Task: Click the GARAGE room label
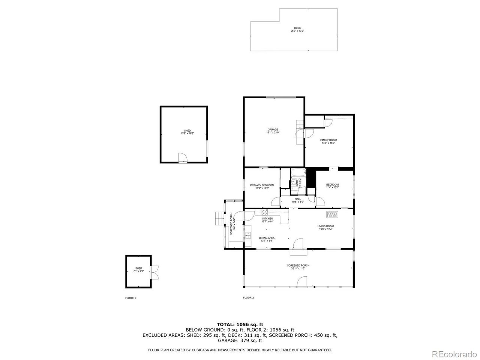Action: point(273,130)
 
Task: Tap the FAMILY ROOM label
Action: point(328,140)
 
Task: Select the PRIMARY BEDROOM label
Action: point(262,185)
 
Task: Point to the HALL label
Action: point(298,199)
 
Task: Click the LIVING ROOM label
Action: point(325,226)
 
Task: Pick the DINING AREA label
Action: point(267,238)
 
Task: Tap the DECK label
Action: point(297,28)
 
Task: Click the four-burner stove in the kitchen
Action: point(259,212)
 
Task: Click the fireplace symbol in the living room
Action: point(332,214)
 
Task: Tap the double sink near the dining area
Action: point(248,236)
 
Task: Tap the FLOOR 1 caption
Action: point(130,298)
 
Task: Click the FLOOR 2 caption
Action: point(248,298)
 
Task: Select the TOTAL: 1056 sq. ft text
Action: point(240,324)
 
